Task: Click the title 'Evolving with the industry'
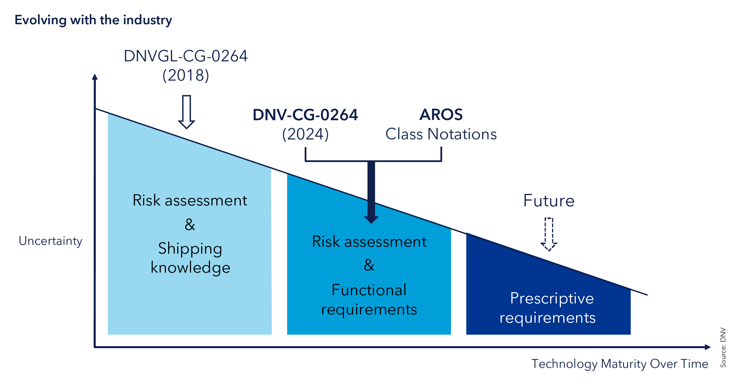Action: point(93,20)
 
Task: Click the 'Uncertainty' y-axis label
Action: point(50,241)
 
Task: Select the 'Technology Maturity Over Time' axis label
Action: point(620,364)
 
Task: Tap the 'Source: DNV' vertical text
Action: point(723,347)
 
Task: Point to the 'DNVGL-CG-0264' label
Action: point(185,56)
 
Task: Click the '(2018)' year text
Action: point(185,75)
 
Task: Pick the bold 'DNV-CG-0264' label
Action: point(305,115)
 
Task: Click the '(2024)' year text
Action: point(305,134)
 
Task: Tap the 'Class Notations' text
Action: point(441,134)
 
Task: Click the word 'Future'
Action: point(549,201)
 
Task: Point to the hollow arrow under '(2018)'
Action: point(186,112)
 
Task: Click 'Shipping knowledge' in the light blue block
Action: point(190,258)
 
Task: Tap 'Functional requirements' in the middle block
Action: point(369,300)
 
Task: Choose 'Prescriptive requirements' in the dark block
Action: point(547,308)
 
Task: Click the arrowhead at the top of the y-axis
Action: point(95,77)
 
